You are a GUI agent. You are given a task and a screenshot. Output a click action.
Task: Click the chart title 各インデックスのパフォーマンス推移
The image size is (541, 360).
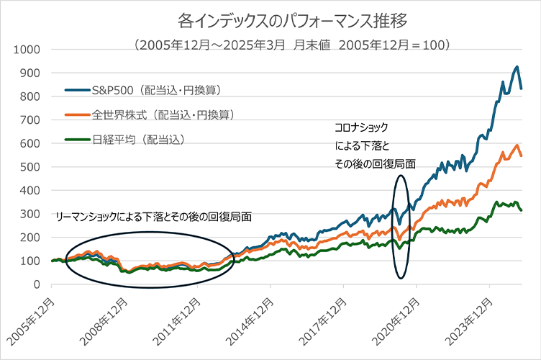[x=270, y=17]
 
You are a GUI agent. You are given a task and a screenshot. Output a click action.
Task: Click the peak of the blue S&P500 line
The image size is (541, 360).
[x=516, y=67]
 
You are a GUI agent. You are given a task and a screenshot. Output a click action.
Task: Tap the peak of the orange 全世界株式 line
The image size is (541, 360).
[x=517, y=145]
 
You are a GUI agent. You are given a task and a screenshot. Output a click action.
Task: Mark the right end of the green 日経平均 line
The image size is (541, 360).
[x=522, y=210]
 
